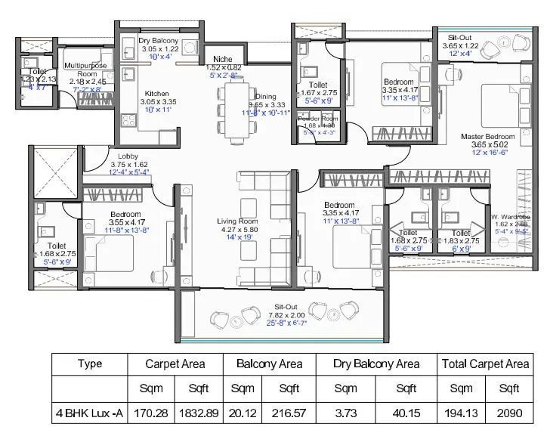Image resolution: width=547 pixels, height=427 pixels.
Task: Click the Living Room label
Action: click(x=240, y=221)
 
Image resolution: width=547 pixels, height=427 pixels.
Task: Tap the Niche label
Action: click(x=223, y=58)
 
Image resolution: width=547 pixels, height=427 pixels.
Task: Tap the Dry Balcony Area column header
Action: click(x=376, y=364)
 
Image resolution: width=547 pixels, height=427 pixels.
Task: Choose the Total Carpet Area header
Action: click(x=485, y=364)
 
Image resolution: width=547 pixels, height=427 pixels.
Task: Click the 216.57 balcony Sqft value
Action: click(x=289, y=413)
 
